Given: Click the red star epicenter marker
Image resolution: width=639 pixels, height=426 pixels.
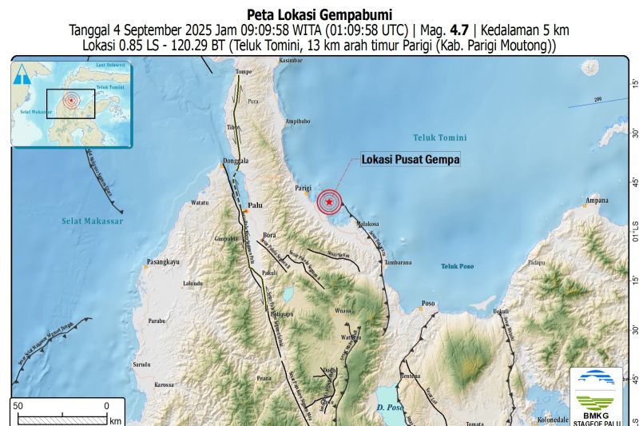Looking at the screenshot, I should click(x=329, y=202).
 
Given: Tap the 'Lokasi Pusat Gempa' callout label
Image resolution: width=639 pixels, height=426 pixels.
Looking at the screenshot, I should click(x=411, y=160).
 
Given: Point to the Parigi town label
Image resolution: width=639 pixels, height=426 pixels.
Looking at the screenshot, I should click(x=302, y=188).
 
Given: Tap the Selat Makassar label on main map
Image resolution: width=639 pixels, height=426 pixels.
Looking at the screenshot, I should click(x=93, y=221).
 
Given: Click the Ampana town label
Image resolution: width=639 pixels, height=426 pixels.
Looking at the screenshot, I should click(x=597, y=200).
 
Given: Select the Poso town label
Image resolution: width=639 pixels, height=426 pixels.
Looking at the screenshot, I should click(x=429, y=304).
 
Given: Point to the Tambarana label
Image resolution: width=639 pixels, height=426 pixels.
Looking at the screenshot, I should click(x=396, y=262).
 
